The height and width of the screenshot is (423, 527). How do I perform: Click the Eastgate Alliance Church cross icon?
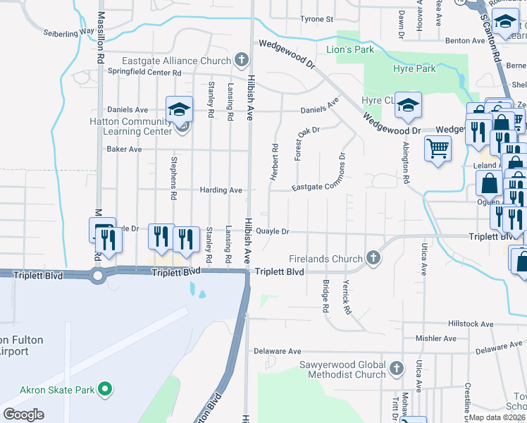pos(242,60)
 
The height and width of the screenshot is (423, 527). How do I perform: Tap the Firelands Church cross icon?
pos(373,259)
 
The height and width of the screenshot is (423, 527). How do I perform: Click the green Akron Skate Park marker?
pos(105,388)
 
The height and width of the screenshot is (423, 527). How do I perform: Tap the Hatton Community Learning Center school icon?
pos(179,110)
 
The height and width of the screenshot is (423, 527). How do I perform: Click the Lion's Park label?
pos(350,50)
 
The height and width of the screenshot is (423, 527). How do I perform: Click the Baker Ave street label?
pos(124,149)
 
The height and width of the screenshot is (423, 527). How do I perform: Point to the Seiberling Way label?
pos(68,32)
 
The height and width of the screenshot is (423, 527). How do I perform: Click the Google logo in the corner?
pos(23,415)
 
